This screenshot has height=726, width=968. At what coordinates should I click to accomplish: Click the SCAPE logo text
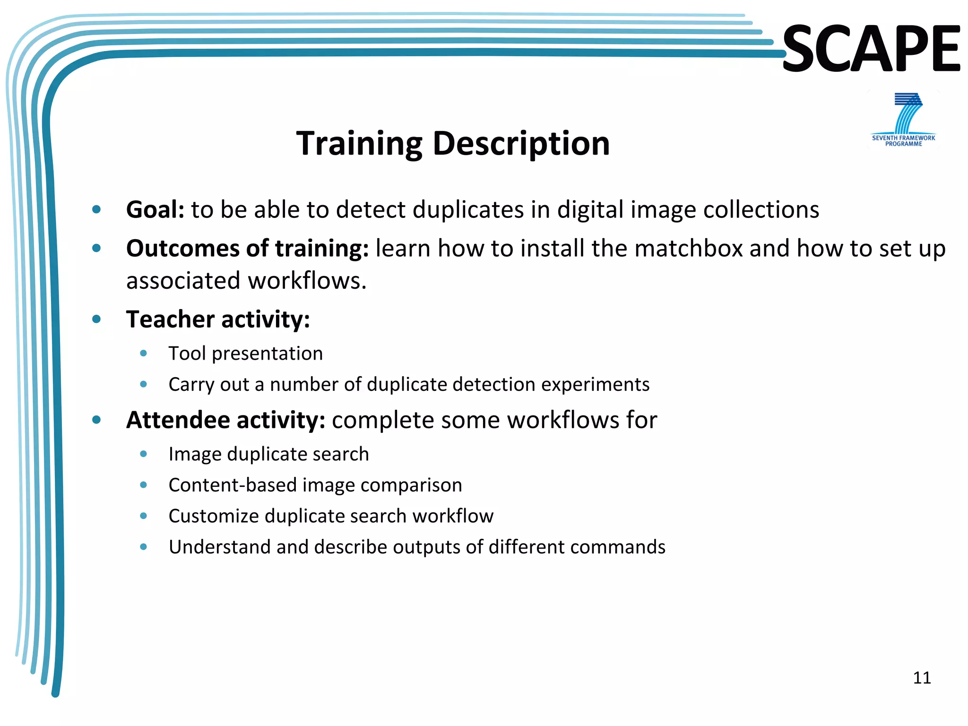point(871,49)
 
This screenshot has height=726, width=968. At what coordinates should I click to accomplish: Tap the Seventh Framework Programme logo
point(903,120)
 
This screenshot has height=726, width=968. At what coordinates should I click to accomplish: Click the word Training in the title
point(359,144)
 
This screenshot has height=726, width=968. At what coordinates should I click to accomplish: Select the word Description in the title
point(521,144)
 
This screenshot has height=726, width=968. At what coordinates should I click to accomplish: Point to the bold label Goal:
point(155,209)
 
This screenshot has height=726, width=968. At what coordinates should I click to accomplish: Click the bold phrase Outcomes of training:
point(247,248)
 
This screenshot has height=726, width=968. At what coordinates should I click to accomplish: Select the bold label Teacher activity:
point(218,319)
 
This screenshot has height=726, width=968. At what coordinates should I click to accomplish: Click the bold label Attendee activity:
point(225,420)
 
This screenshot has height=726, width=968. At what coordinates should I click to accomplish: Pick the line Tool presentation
point(245,354)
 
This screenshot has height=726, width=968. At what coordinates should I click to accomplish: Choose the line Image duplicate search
point(268,454)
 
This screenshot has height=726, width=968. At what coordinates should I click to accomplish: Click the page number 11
point(922,678)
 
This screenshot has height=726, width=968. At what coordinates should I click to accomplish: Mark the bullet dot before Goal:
point(97,209)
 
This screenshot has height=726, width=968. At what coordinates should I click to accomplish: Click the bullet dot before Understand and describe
point(144,547)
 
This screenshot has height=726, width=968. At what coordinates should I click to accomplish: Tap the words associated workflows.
point(246,281)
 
